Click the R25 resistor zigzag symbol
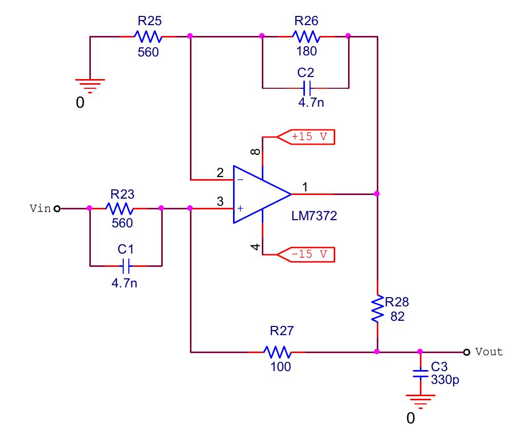tap(148, 36)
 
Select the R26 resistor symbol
tap(305, 36)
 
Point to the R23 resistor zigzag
tap(119, 208)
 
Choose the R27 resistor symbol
tap(278, 352)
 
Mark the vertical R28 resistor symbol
tap(377, 308)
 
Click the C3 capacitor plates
tap(420, 373)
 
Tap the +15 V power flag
tap(306, 138)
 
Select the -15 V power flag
tap(306, 254)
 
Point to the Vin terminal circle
tap(57, 208)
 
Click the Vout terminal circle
tap(466, 352)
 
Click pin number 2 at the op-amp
tap(220, 173)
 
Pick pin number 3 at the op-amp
tap(220, 202)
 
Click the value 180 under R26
tap(306, 51)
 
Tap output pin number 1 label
tap(305, 188)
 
